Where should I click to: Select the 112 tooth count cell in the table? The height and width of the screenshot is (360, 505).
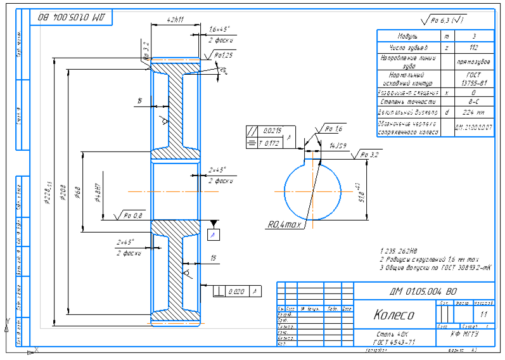[x=474, y=48]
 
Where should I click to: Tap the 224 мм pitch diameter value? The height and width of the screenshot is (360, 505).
[x=474, y=113]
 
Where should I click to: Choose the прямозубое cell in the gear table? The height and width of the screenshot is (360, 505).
[x=474, y=61]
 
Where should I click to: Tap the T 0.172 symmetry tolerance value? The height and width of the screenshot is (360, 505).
[x=271, y=143]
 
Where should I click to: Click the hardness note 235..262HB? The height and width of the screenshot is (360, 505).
[x=404, y=250]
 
